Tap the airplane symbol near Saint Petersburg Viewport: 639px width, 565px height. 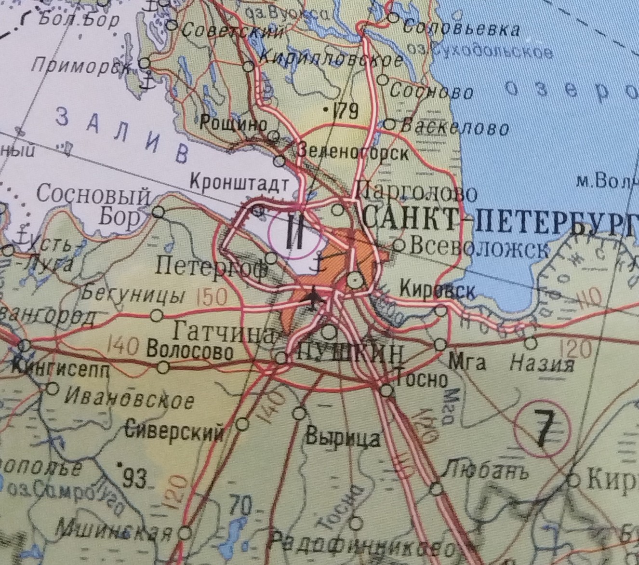(x=315, y=299)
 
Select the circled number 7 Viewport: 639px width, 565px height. (x=542, y=429)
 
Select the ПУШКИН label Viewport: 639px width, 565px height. (x=350, y=354)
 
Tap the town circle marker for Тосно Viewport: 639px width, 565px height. (x=386, y=390)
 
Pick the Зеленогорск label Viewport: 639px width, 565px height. (x=353, y=153)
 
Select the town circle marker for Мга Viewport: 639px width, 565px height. (x=440, y=345)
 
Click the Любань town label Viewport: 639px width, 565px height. (x=485, y=470)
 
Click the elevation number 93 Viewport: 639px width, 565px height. (x=133, y=478)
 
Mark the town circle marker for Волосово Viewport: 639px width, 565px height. (x=164, y=368)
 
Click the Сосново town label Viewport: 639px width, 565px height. (x=431, y=91)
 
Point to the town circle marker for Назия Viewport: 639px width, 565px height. (x=531, y=344)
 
